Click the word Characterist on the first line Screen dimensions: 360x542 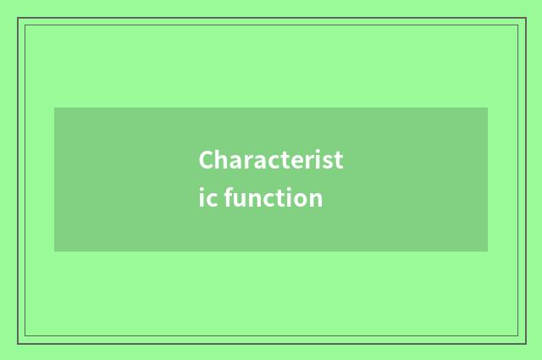coord(271,160)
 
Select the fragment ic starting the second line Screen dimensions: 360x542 coord(208,198)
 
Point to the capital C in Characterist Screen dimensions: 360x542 coord(207,160)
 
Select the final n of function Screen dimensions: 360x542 coord(315,200)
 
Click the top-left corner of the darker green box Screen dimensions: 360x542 coord(54,108)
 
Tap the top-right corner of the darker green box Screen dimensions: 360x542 coord(488,108)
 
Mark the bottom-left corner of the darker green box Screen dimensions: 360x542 coord(54,252)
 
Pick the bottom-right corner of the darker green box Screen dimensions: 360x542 coord(488,252)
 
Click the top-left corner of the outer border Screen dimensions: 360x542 coord(18,18)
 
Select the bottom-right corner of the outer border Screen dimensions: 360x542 coord(525,343)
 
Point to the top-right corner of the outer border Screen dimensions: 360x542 coord(525,18)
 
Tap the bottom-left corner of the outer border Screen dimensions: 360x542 coord(18,343)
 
